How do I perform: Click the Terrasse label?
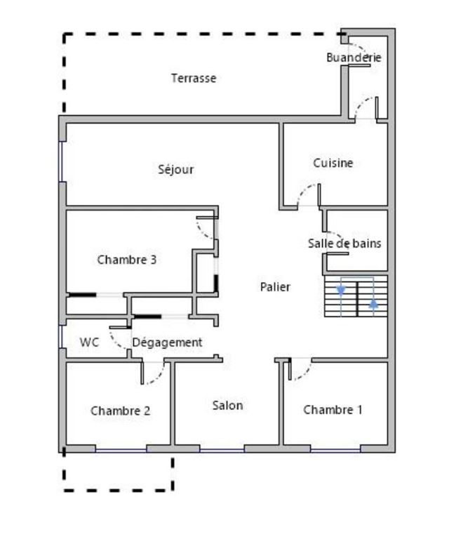[194, 79]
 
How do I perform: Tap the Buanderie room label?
[354, 58]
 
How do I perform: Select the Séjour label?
[175, 169]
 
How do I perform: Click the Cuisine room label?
[333, 163]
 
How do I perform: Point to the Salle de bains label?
[344, 244]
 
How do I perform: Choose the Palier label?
[275, 286]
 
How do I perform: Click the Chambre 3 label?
[126, 260]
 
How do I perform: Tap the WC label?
[89, 342]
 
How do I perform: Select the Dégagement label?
[168, 342]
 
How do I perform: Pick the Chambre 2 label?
[120, 411]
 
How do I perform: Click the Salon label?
[227, 405]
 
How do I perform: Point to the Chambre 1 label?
[333, 410]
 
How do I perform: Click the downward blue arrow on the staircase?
[342, 289]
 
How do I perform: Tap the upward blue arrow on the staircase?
[373, 305]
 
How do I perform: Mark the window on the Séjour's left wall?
[62, 162]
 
